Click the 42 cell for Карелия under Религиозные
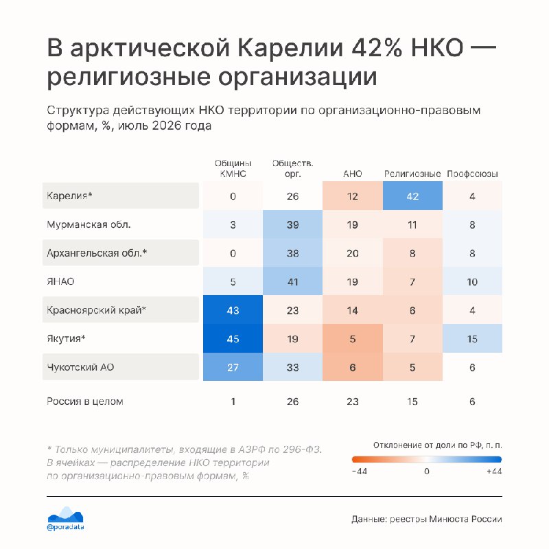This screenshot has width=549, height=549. coord(412,196)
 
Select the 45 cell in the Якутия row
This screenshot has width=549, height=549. coord(233,338)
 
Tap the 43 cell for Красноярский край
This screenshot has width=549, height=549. coord(233,310)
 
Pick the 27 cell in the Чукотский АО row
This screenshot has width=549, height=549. coord(233,367)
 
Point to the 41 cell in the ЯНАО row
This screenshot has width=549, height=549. coord(293,281)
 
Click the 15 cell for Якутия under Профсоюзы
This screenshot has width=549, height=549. coord(472,338)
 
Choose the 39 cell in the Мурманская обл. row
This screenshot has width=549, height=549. coord(293,224)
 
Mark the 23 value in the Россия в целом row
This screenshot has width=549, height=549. coord(353,401)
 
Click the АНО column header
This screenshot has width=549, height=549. coord(353,174)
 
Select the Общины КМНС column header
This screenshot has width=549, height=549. coord(233,168)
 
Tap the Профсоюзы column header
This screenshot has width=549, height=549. coord(472,174)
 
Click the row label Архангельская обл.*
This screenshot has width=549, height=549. coord(97,253)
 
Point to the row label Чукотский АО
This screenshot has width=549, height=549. coord(80,367)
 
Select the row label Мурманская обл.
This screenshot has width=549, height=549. coord(89,224)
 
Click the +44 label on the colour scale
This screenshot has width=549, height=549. coord(494,471)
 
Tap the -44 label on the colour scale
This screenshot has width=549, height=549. coord(360,471)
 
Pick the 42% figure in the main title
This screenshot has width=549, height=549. coord(377,47)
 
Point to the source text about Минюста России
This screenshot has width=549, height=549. coord(427,519)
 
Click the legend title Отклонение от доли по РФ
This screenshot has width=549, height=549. coord(438,445)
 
